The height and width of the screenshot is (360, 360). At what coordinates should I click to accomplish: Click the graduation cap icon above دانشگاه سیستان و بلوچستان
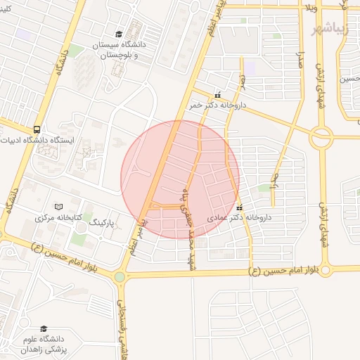tap(119, 34)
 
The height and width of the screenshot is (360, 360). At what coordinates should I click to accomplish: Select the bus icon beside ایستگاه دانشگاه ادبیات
tap(36, 130)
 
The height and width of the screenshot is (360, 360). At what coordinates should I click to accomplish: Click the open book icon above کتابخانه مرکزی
tap(59, 207)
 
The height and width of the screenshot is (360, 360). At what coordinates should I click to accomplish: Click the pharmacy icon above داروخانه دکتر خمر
tap(217, 95)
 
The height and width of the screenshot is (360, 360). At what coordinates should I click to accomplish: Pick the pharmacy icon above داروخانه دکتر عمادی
tap(240, 208)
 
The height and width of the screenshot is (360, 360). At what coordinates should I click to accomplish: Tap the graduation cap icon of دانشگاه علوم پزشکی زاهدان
tap(44, 329)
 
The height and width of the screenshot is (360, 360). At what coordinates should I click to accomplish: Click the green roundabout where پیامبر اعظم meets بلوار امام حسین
tap(120, 277)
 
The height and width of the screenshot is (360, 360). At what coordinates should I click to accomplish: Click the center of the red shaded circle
tap(180, 179)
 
